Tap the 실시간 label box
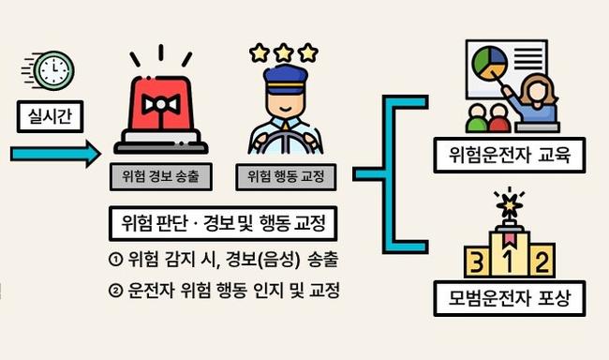(50, 116)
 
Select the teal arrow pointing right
(55, 154)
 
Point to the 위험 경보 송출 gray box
(161, 177)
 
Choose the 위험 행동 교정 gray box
(287, 177)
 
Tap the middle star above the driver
(284, 52)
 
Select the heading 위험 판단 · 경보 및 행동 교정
(223, 223)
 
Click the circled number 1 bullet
(116, 260)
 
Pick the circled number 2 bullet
(116, 291)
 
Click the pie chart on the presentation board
(490, 63)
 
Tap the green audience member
(476, 118)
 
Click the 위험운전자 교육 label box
(510, 155)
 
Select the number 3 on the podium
(477, 262)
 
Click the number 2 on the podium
(542, 262)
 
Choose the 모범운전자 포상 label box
(510, 298)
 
